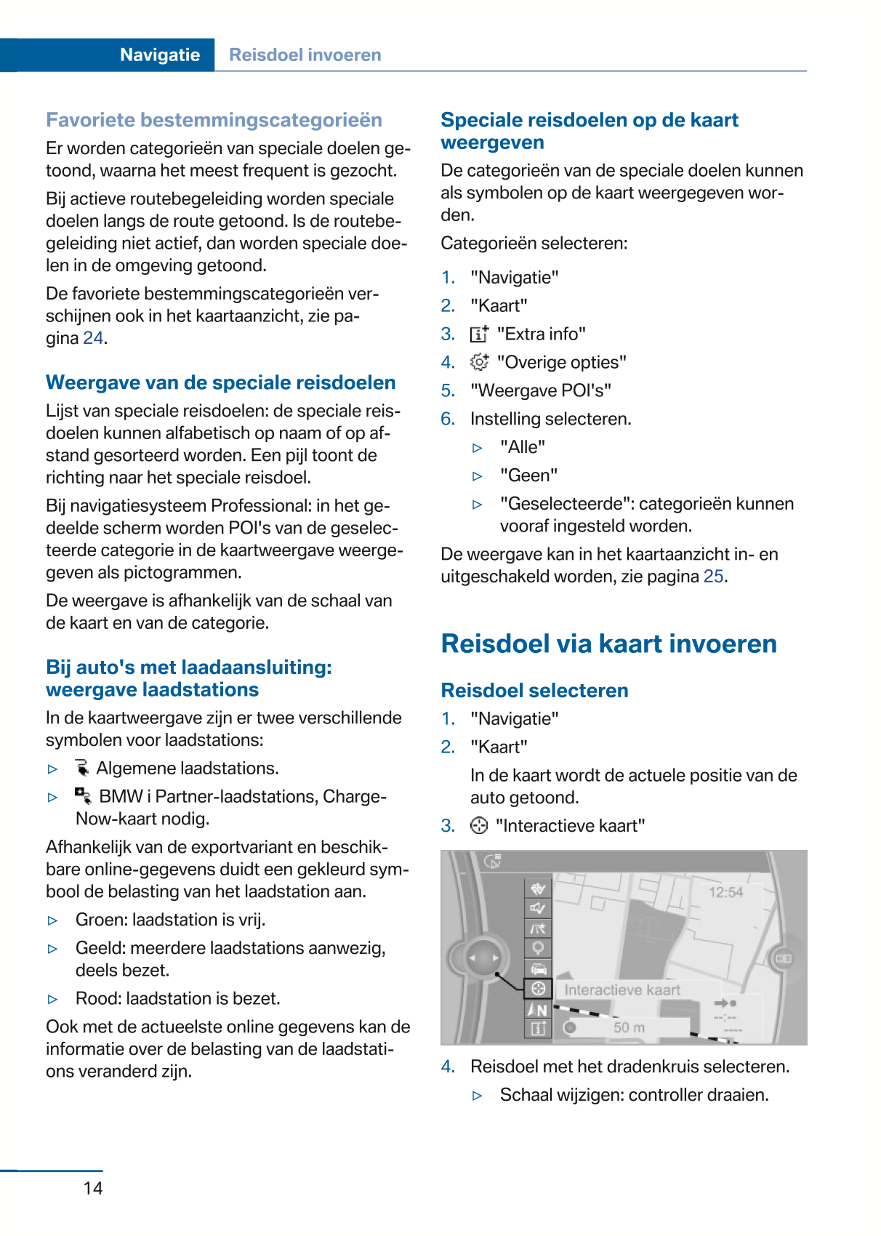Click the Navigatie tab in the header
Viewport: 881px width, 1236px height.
pyautogui.click(x=160, y=55)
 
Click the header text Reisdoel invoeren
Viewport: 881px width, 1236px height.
pyautogui.click(x=305, y=55)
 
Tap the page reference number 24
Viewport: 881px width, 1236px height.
pyautogui.click(x=93, y=338)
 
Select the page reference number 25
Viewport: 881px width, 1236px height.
pyautogui.click(x=714, y=577)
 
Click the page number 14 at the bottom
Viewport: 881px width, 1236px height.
pyautogui.click(x=93, y=1188)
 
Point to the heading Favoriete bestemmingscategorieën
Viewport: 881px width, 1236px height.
pyautogui.click(x=214, y=120)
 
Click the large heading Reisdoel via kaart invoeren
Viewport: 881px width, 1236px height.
pyautogui.click(x=608, y=644)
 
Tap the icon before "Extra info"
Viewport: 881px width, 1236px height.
pyautogui.click(x=479, y=334)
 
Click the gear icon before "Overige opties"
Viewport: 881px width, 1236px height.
pyautogui.click(x=479, y=362)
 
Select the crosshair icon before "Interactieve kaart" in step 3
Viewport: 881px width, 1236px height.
pyautogui.click(x=479, y=826)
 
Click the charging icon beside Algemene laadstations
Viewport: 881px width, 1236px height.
pyautogui.click(x=82, y=769)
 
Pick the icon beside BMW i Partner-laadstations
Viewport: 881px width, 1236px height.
pyautogui.click(x=83, y=796)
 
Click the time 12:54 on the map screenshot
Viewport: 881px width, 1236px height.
pyautogui.click(x=725, y=892)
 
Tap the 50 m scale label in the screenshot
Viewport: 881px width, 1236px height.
pyautogui.click(x=629, y=1027)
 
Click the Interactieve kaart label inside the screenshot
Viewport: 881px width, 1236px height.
pyautogui.click(x=622, y=990)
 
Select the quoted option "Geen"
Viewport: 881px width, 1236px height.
pyautogui.click(x=528, y=475)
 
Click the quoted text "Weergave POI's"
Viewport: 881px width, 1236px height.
pyautogui.click(x=540, y=390)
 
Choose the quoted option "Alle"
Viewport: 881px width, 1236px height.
pyautogui.click(x=522, y=447)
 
